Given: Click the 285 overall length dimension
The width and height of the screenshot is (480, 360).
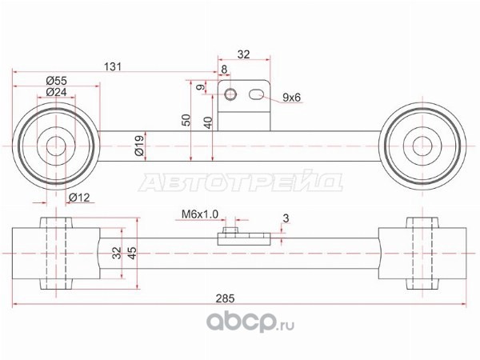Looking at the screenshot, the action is (x=225, y=298).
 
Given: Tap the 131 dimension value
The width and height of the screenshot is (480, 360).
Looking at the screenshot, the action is (x=113, y=66).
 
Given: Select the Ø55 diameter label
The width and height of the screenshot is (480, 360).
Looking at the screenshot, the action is (x=56, y=81).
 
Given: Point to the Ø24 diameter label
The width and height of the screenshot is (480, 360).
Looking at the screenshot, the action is (x=56, y=91).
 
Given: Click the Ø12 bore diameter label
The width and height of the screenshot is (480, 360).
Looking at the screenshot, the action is (x=79, y=198).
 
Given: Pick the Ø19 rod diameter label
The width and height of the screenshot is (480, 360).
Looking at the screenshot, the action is (x=139, y=146).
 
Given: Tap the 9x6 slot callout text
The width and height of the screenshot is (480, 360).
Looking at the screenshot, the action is (x=291, y=98).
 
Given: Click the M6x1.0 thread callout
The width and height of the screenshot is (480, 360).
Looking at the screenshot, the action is (x=200, y=214).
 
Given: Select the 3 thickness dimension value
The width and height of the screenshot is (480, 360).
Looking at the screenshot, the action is (x=286, y=218).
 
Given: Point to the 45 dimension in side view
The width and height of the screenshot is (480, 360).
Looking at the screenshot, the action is (x=132, y=253).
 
